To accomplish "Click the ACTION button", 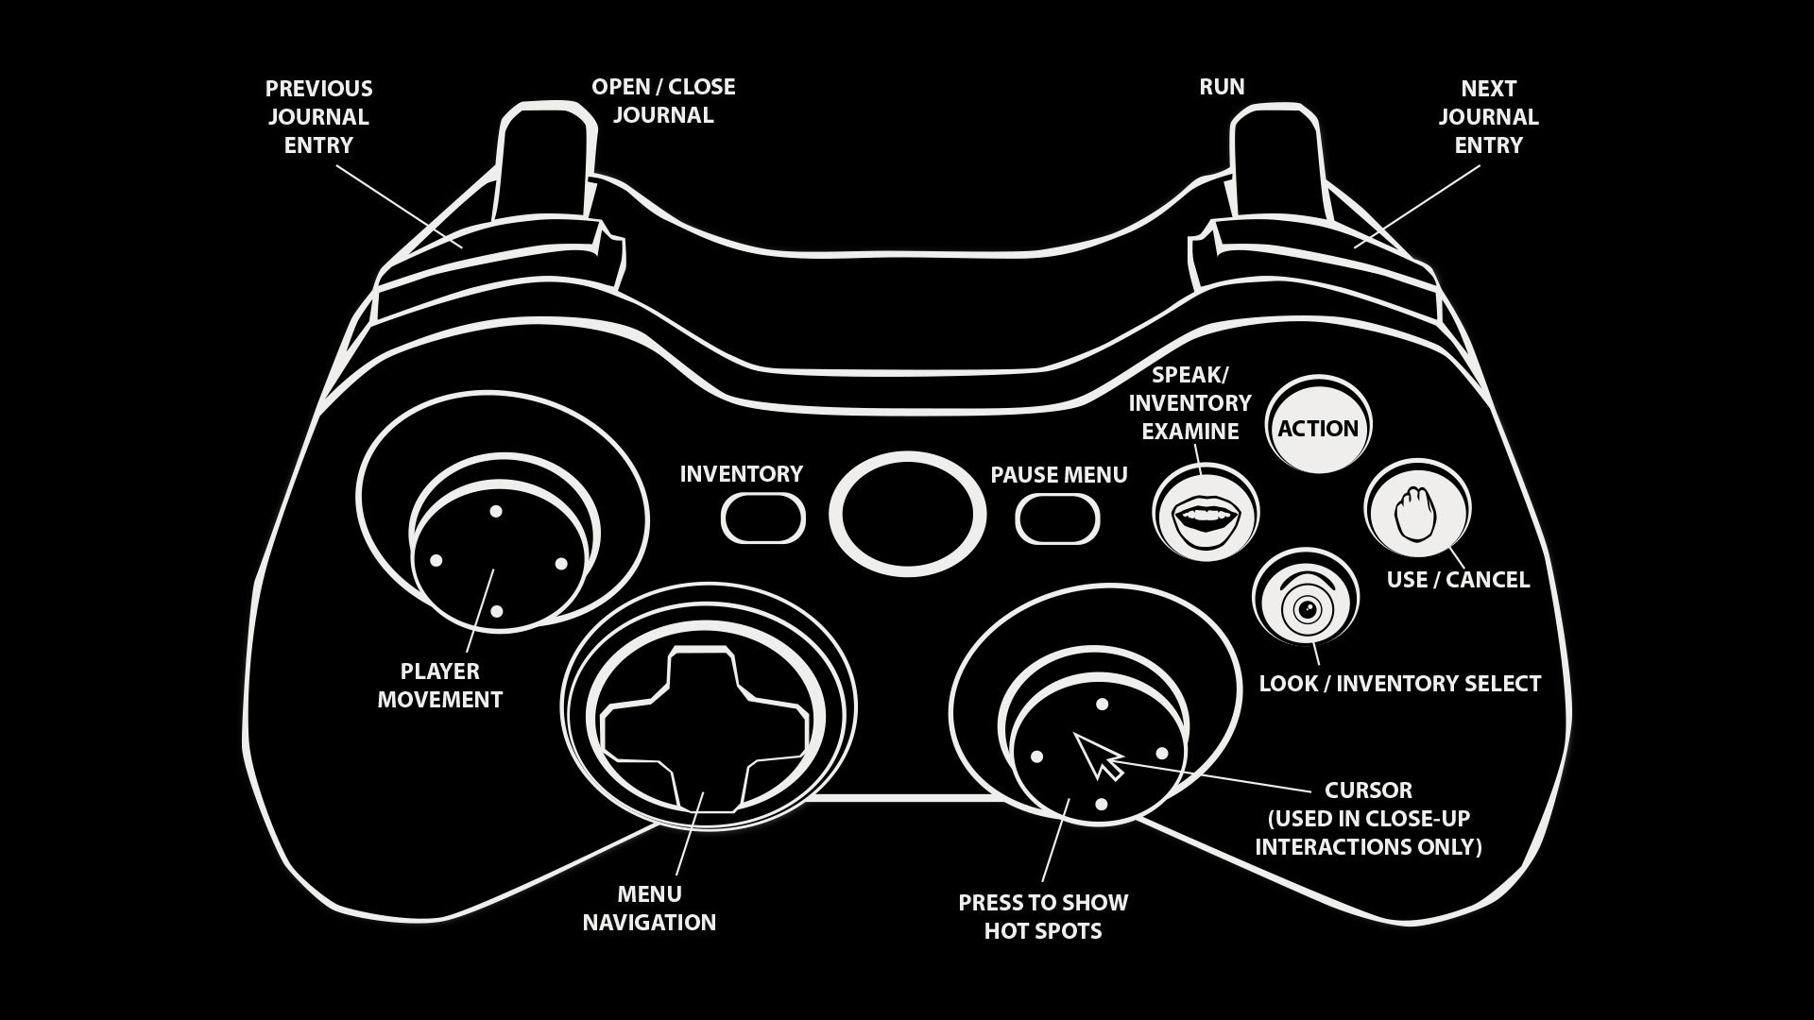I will click(x=1318, y=428).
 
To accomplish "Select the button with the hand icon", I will click(x=1416, y=511).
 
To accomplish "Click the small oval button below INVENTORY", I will click(x=763, y=518).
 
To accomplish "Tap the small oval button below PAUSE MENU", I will click(x=1057, y=518).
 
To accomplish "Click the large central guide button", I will click(x=908, y=516).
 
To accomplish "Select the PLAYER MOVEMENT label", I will click(x=440, y=686).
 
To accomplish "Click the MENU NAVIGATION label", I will click(x=649, y=909).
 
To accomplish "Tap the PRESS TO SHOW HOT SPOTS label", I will click(x=1043, y=916).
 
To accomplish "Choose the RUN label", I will click(x=1222, y=87).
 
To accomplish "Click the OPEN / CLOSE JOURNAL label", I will click(x=663, y=101).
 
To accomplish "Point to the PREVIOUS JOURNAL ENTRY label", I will click(x=318, y=117).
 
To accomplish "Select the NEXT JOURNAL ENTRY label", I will click(x=1488, y=117).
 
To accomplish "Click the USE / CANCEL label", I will click(x=1458, y=580).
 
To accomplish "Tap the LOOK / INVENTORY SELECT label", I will click(x=1399, y=684).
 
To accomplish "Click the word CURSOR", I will click(x=1368, y=790).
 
